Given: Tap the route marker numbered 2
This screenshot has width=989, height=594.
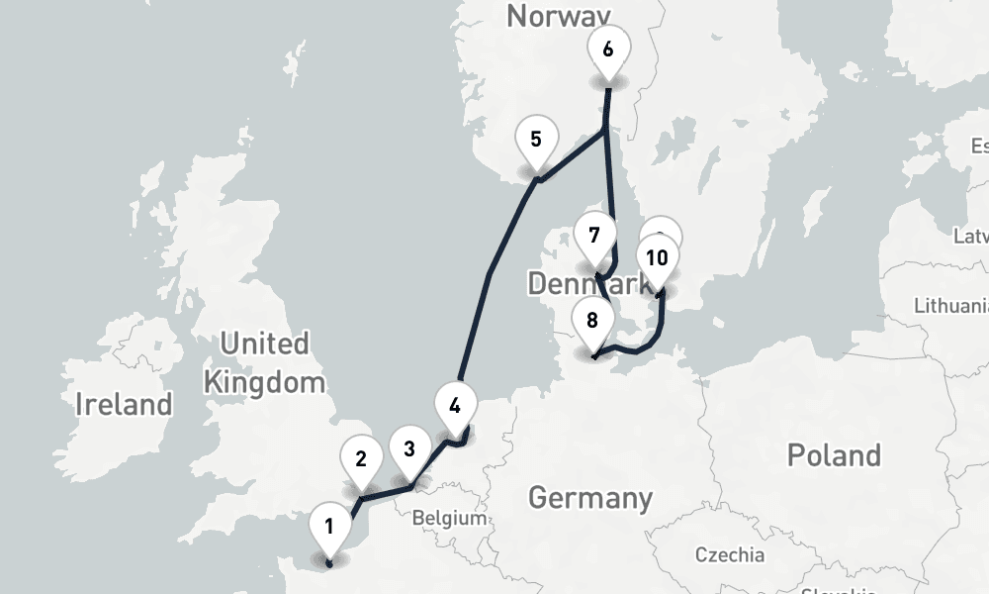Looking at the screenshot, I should point(361,458).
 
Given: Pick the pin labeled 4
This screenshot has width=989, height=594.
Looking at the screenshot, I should point(455,405).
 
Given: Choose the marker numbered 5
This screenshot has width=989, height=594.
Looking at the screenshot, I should point(536,139).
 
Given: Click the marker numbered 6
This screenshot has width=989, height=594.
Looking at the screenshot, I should point(607,49).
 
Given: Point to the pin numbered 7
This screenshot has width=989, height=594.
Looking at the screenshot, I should point(594,236).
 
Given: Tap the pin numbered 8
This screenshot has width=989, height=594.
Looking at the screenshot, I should point(592,320).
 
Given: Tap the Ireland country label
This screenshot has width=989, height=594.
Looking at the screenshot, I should point(124,404).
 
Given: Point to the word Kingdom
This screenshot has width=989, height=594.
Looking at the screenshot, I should point(263,381).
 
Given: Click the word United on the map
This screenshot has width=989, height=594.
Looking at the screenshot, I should point(264,345).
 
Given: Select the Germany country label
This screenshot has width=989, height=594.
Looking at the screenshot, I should point(590,497).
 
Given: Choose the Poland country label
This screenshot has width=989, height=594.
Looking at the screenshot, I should point(834,455).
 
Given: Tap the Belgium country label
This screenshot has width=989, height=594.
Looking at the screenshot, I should point(449,518).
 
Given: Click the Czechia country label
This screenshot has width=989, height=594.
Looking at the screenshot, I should point(730,553).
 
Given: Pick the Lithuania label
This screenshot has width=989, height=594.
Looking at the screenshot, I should point(951,305).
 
